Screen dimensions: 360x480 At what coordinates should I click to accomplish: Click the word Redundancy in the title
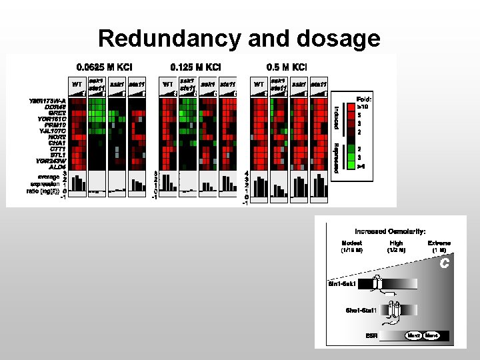pos(169,39)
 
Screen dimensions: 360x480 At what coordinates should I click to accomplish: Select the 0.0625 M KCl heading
pos(104,67)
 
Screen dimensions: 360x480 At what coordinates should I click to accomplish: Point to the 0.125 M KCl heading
pos(195,67)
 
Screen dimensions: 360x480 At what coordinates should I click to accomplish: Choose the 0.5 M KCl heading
pos(286,67)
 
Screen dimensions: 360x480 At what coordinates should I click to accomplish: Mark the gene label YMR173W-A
pos(47,101)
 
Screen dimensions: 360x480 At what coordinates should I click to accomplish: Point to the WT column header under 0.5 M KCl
pos(259,85)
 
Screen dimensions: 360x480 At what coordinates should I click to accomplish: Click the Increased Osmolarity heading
pos(391,231)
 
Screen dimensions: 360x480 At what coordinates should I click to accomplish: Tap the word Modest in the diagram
pos(351,243)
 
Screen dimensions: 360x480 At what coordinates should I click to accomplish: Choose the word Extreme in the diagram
pos(439,243)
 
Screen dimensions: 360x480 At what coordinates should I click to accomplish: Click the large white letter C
pos(443,264)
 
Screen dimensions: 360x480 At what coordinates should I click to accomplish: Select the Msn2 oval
pos(414,335)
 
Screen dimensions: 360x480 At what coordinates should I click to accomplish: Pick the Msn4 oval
pos(432,335)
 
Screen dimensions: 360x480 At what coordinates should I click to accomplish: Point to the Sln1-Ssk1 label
pos(342,283)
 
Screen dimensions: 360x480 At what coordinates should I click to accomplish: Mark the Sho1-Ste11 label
pos(361,310)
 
